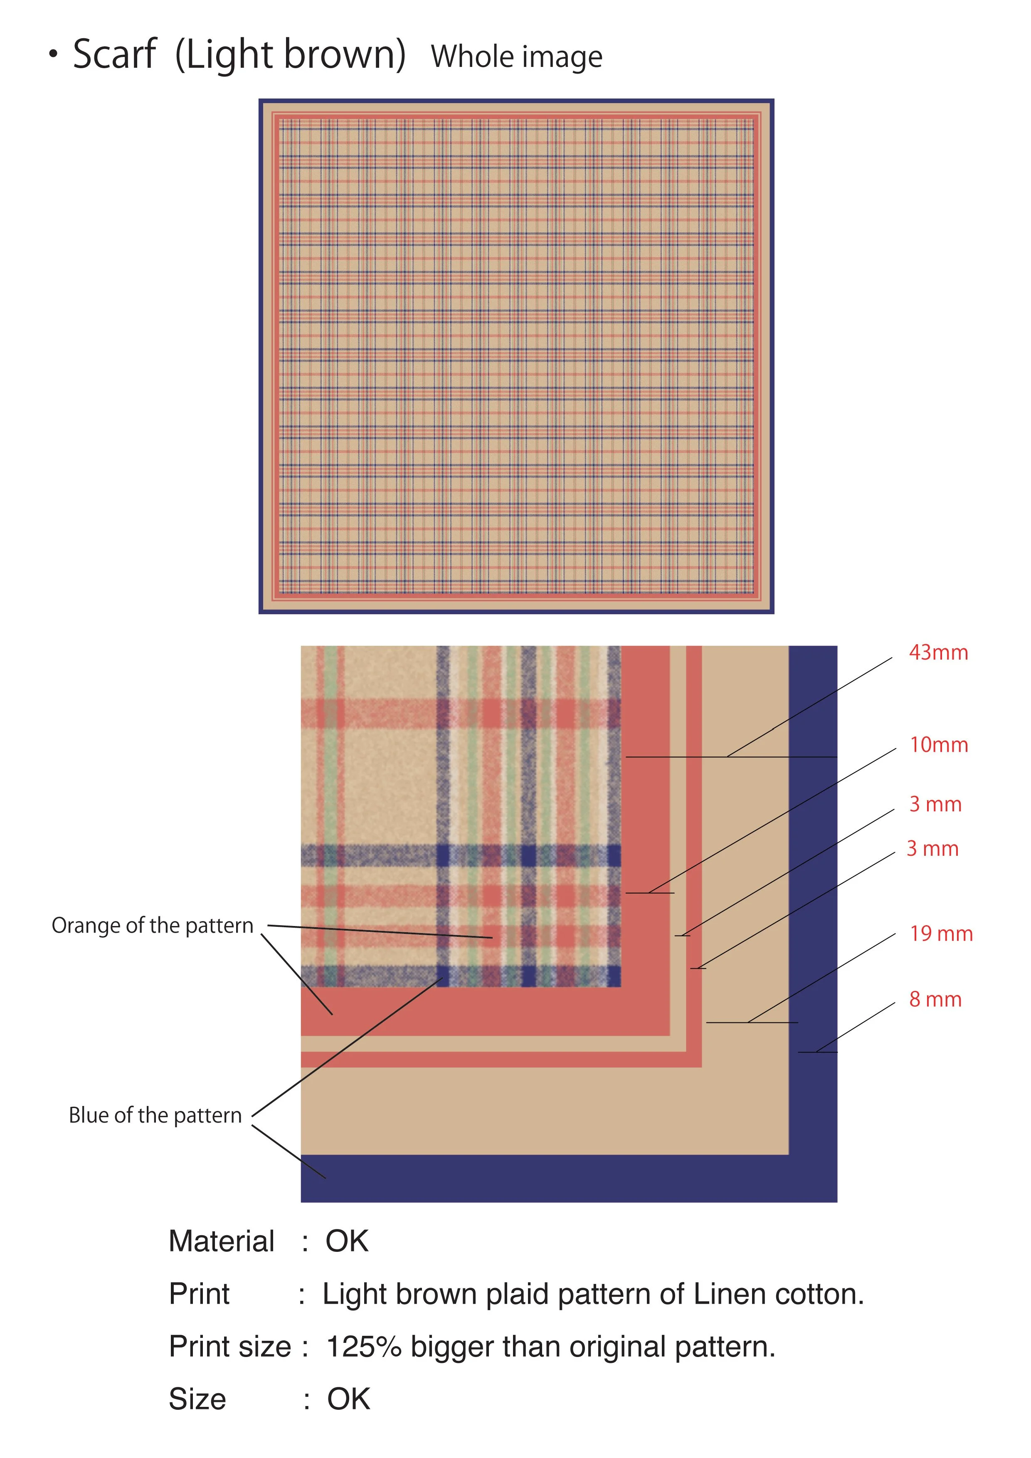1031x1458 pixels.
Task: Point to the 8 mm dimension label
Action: click(935, 1000)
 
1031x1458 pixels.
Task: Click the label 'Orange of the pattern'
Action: click(153, 926)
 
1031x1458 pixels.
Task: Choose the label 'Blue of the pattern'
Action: click(155, 1116)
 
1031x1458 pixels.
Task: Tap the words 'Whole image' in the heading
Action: click(516, 57)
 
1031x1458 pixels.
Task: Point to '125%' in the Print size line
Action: click(363, 1347)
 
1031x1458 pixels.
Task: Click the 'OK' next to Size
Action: click(348, 1399)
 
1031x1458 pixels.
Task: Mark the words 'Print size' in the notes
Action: click(230, 1347)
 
